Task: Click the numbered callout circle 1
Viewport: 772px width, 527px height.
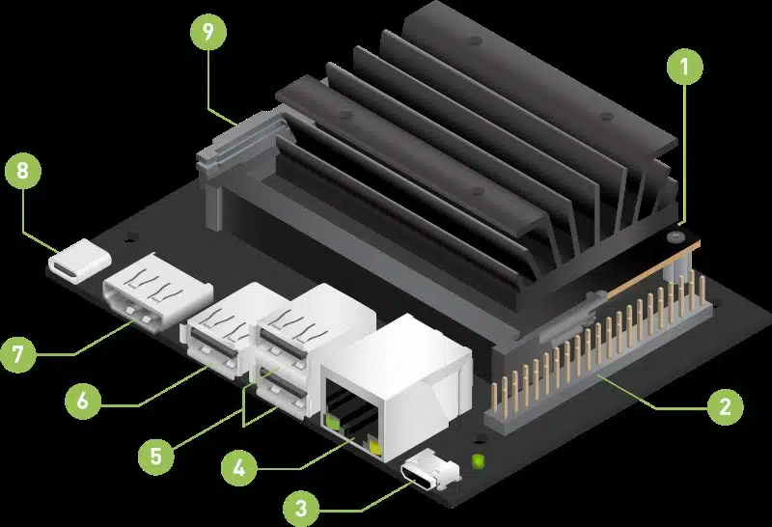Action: pyautogui.click(x=685, y=67)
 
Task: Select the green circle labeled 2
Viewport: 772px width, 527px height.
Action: pyautogui.click(x=726, y=406)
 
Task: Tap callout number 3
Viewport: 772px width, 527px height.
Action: pyautogui.click(x=301, y=508)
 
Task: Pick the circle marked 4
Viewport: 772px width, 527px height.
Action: pyautogui.click(x=238, y=468)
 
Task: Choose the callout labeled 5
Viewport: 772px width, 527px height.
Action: pyautogui.click(x=156, y=457)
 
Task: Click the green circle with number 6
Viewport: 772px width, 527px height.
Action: pyautogui.click(x=83, y=401)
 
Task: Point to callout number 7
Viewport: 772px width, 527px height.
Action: pyautogui.click(x=18, y=354)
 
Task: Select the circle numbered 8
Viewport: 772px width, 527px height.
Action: pyautogui.click(x=22, y=171)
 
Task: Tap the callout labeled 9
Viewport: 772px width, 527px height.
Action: pyautogui.click(x=208, y=32)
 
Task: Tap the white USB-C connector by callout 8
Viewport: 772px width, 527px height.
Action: pyautogui.click(x=80, y=261)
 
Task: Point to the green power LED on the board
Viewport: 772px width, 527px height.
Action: pyautogui.click(x=477, y=461)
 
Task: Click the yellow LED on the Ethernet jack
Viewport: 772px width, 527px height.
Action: pyautogui.click(x=375, y=449)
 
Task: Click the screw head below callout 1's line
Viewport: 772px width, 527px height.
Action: pyautogui.click(x=675, y=236)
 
